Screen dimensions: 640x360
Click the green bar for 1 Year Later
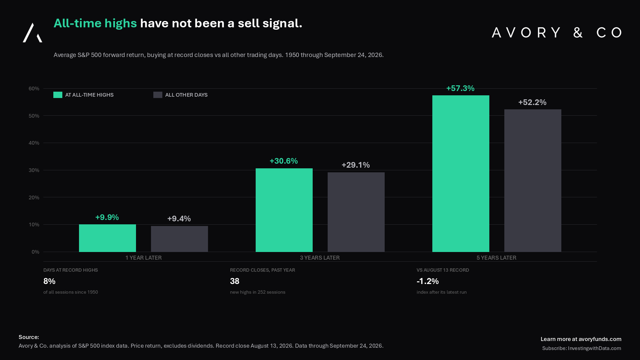[107, 238]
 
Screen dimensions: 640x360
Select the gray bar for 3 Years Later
[356, 212]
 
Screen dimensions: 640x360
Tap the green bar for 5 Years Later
[461, 174]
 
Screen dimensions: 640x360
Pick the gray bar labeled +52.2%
[533, 181]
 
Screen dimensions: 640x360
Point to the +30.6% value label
[284, 161]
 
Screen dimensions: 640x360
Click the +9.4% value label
[179, 219]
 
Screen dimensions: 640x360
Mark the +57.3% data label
[460, 88]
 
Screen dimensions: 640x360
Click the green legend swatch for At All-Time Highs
[58, 95]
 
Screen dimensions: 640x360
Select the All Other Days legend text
[186, 95]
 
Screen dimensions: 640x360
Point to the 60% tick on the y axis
[34, 89]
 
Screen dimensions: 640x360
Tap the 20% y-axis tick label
[34, 198]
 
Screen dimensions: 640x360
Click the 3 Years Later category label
[320, 258]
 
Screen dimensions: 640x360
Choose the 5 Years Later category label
[496, 258]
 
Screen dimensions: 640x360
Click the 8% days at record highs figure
[49, 281]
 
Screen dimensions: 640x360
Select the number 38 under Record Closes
[235, 281]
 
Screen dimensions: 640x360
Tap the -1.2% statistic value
[428, 281]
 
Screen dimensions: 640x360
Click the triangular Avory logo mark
[32, 33]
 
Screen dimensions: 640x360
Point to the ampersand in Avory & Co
[578, 33]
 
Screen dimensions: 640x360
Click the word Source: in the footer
[29, 337]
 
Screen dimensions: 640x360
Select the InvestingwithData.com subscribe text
[594, 348]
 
